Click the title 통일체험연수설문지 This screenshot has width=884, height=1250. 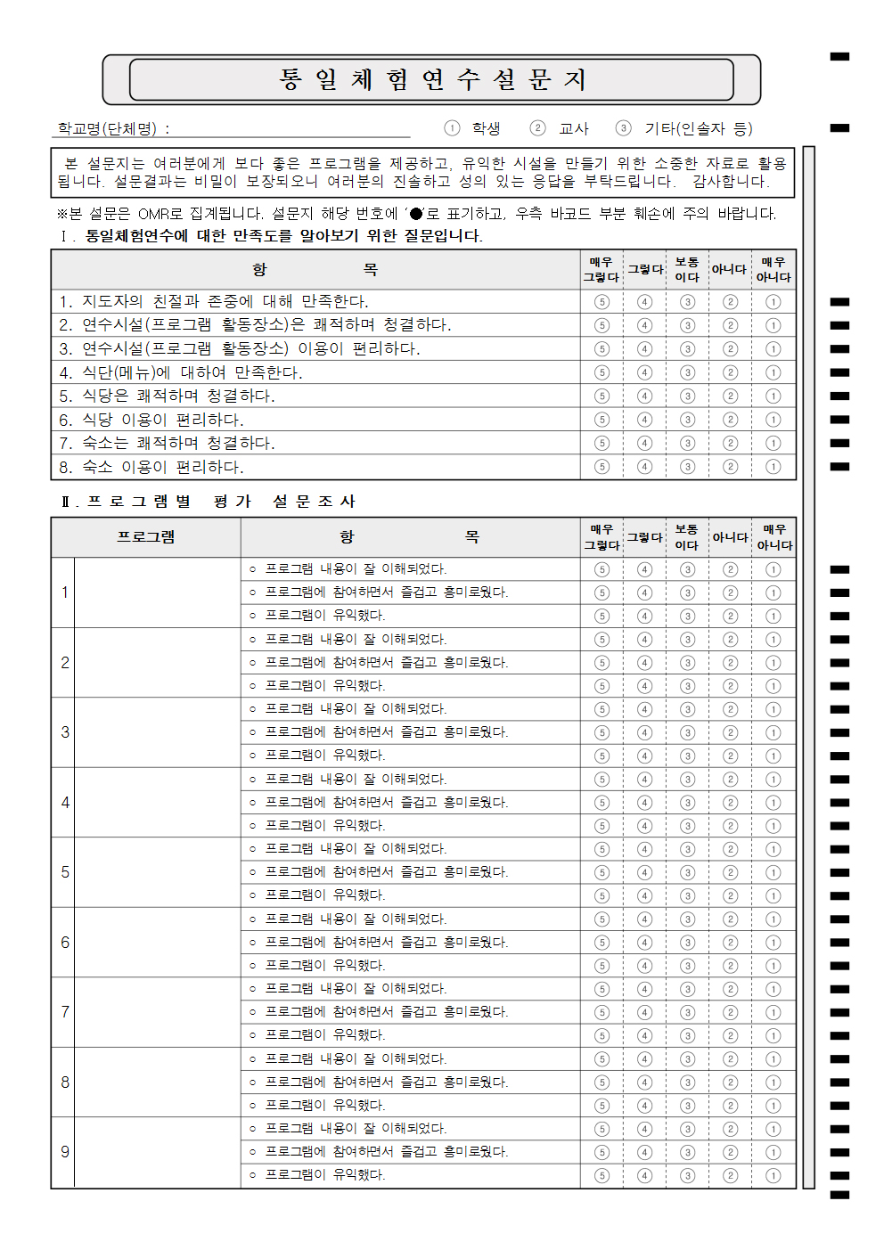(x=432, y=80)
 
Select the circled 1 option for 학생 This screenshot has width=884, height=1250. (x=453, y=128)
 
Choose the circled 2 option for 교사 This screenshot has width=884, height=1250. (x=537, y=128)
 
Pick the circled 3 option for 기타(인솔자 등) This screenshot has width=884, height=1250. (x=624, y=128)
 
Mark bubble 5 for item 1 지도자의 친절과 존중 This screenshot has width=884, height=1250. (x=602, y=302)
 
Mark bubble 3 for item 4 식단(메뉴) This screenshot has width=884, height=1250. (x=687, y=372)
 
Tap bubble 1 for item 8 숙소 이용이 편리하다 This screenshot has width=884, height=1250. (x=773, y=467)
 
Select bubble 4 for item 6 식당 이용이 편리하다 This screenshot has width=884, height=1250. (x=644, y=420)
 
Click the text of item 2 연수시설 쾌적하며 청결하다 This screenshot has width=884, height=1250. (x=255, y=325)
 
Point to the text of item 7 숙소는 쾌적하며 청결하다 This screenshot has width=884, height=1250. (x=167, y=443)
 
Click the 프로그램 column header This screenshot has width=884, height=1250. (x=146, y=536)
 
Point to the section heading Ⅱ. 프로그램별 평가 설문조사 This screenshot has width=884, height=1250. (x=209, y=502)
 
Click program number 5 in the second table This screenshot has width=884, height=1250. (x=65, y=872)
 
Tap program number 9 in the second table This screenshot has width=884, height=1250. (x=65, y=1152)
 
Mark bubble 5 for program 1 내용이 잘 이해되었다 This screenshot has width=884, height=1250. (x=602, y=569)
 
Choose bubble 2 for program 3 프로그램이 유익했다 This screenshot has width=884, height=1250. (x=731, y=756)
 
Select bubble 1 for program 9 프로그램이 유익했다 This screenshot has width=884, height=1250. (x=773, y=1175)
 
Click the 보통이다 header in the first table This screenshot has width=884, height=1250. (x=687, y=269)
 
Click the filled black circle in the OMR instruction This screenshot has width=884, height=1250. (x=416, y=214)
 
